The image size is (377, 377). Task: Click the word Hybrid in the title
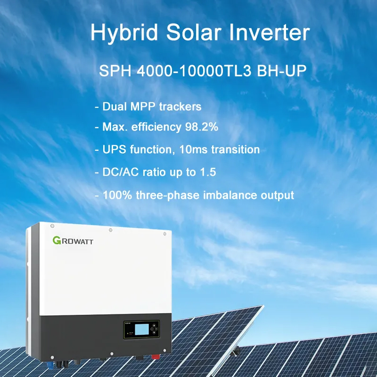[x=124, y=33]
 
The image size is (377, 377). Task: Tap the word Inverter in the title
[x=269, y=32]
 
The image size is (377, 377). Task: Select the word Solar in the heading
[x=194, y=32]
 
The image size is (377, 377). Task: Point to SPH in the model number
[x=115, y=71]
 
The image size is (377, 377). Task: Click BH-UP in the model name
[x=282, y=71]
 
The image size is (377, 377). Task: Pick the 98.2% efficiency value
[x=202, y=127]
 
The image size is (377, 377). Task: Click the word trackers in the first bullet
[x=180, y=107]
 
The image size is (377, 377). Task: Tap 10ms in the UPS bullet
[x=193, y=149]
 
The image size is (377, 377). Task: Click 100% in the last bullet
[x=117, y=195]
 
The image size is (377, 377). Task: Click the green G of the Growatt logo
[x=57, y=240]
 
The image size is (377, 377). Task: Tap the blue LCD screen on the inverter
[x=142, y=329]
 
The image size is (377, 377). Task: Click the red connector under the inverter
[x=156, y=356]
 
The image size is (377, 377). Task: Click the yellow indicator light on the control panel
[x=128, y=333]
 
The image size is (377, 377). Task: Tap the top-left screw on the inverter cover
[x=52, y=226]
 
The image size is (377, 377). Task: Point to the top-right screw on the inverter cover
[x=164, y=234]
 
